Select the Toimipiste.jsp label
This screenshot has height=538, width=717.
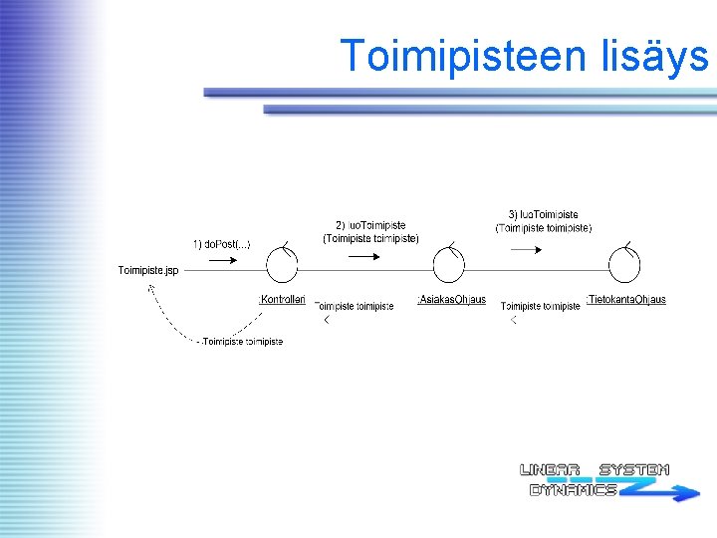pyautogui.click(x=147, y=270)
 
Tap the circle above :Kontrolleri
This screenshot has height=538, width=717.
pyautogui.click(x=282, y=267)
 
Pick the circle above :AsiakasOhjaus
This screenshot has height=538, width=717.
pyautogui.click(x=448, y=267)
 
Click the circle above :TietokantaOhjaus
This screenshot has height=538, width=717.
pyautogui.click(x=624, y=267)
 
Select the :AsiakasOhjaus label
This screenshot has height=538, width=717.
pyautogui.click(x=451, y=300)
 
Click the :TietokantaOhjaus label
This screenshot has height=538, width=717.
pyautogui.click(x=626, y=299)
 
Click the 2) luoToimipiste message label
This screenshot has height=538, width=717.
pyautogui.click(x=370, y=232)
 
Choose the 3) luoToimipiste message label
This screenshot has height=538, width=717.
pyautogui.click(x=544, y=221)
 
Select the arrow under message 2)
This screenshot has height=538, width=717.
pyautogui.click(x=365, y=256)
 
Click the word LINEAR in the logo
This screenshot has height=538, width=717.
pyautogui.click(x=550, y=470)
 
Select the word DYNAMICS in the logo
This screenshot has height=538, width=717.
pyautogui.click(x=573, y=490)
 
